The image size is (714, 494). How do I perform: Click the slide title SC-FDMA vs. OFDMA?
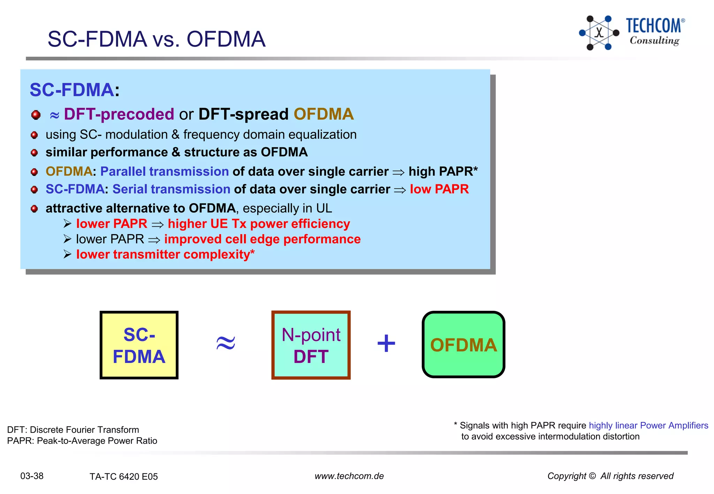[156, 39]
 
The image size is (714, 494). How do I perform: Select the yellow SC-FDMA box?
[139, 345]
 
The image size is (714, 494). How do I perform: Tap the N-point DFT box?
[311, 345]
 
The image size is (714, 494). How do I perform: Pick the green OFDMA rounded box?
[463, 345]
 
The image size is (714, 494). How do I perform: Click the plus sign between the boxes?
[386, 344]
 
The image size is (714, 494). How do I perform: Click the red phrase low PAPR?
[439, 189]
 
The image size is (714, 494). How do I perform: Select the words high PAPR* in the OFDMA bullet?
[443, 171]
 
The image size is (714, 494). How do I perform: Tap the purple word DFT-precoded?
[119, 114]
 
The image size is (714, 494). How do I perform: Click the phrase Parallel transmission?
[164, 171]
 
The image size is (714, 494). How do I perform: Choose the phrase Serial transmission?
[171, 189]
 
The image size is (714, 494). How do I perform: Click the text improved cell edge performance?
[262, 239]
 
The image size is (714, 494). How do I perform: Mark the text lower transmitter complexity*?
[165, 254]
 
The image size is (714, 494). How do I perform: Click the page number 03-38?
[32, 476]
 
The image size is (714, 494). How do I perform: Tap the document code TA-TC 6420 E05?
[123, 477]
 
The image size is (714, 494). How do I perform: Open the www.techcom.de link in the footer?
[349, 476]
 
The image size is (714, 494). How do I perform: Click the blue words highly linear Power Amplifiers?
[648, 425]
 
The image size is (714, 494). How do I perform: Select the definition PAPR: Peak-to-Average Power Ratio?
[82, 441]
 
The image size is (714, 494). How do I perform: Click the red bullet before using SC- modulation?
[34, 135]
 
